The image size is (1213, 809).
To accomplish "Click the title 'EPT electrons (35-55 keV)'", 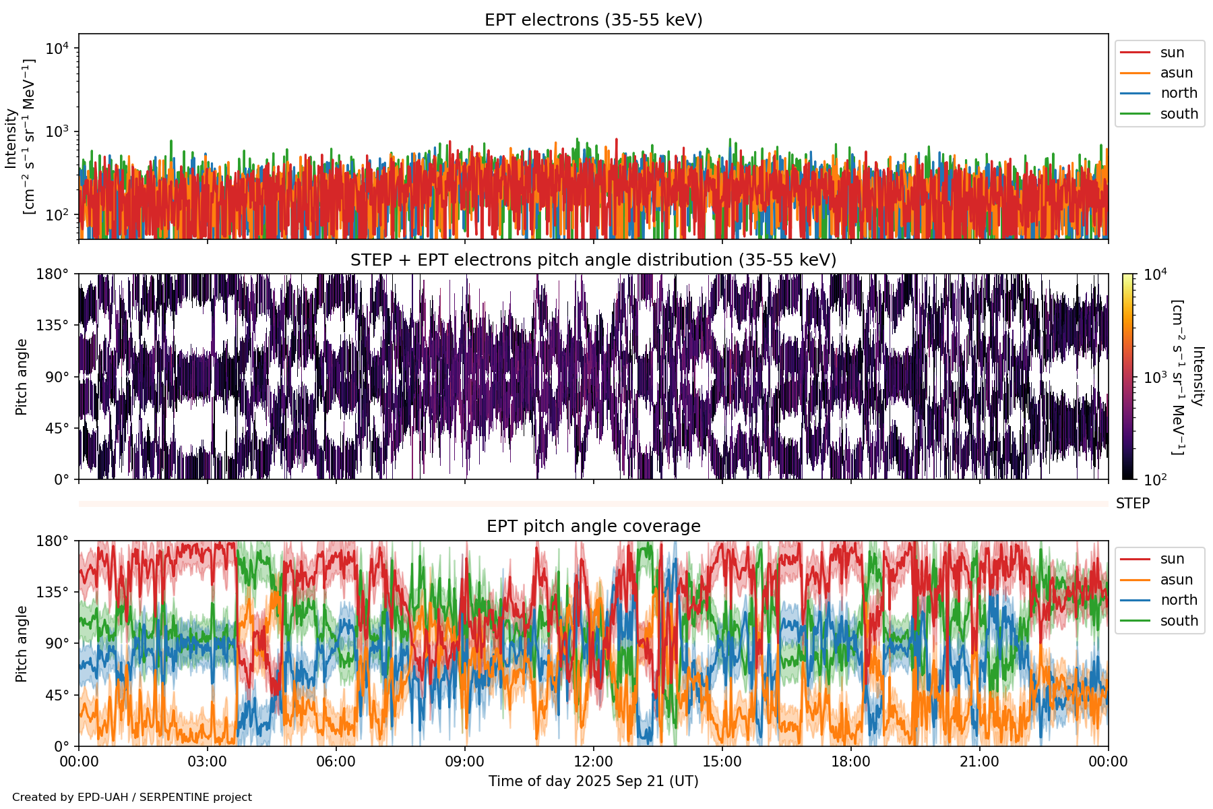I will (593, 20).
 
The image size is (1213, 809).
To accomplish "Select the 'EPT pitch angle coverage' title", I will (593, 527).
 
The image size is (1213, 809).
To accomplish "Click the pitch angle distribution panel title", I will (593, 260).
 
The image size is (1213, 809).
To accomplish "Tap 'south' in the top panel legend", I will (1179, 114).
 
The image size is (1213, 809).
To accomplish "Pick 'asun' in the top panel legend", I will (1176, 73).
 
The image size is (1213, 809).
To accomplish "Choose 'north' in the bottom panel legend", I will (1179, 600).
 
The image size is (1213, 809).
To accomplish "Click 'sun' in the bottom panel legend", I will (1172, 559).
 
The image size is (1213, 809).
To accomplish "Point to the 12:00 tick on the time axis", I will (593, 762).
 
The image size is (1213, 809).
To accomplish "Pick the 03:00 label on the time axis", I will (207, 762).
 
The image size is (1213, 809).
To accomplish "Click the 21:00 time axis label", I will (979, 762).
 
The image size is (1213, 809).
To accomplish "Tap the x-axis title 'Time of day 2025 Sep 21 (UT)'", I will (593, 781).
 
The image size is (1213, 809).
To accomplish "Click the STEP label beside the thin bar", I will (1132, 504).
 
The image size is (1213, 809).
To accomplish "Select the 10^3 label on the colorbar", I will (1156, 378).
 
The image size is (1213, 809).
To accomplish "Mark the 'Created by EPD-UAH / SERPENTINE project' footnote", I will (132, 798).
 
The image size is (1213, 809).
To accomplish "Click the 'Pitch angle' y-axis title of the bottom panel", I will (22, 644).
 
